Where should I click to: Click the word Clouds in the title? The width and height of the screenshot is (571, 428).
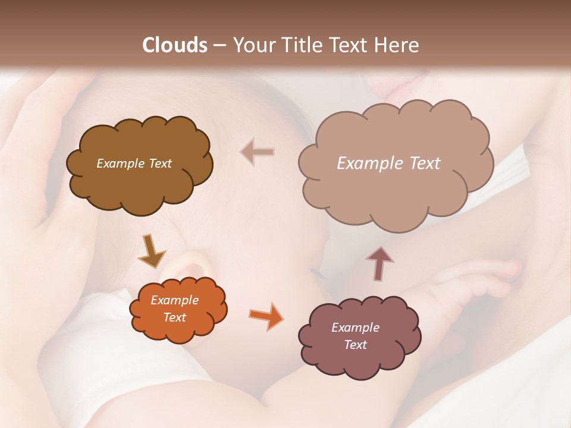[175, 45]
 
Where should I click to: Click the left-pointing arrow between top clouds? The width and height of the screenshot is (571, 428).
[257, 152]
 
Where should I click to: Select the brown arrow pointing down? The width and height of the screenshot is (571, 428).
[151, 251]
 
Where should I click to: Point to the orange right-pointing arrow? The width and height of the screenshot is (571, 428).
[266, 316]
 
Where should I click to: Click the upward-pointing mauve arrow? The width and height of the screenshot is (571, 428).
[379, 263]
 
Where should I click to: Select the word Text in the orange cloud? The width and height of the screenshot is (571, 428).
[175, 317]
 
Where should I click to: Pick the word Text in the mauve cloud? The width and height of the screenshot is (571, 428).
[355, 345]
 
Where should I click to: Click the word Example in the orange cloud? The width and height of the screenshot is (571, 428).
[175, 300]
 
